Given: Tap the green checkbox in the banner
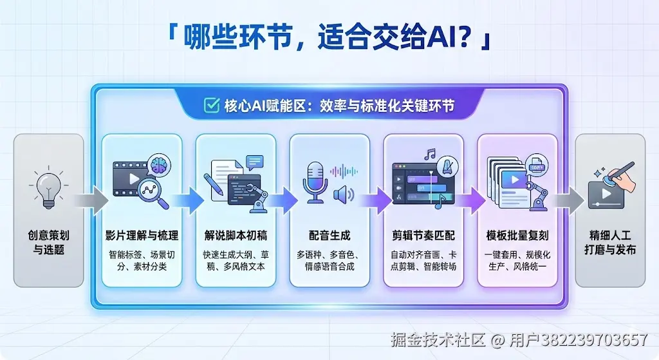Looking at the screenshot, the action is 211,105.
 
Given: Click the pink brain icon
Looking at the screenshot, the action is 160,165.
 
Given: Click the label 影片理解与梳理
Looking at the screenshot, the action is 142,236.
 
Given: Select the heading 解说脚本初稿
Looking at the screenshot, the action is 236,236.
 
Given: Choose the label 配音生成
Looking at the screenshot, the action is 329,236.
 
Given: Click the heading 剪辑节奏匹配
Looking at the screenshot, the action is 423,236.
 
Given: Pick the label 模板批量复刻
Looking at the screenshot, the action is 517,236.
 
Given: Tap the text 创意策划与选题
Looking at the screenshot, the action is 49,242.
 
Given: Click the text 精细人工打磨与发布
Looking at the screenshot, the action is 610,242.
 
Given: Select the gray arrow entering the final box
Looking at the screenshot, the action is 568,200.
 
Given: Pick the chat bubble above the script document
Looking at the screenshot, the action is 255,162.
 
